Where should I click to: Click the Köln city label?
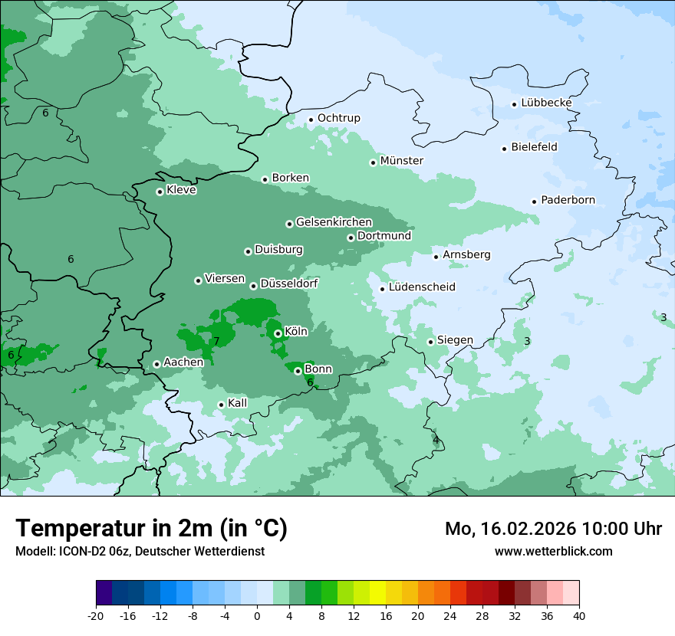[x=295, y=332]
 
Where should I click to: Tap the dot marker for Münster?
[x=374, y=162]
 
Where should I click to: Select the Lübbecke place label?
[x=546, y=103]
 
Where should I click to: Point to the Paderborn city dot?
[x=534, y=202]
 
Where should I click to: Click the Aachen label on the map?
[x=183, y=362]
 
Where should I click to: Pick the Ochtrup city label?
[x=338, y=118]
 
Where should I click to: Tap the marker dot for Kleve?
[x=160, y=192]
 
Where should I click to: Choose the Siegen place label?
[x=455, y=340]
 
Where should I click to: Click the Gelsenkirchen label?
[x=334, y=222]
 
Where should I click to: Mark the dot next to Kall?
[x=221, y=405]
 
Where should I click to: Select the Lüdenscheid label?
[x=422, y=287]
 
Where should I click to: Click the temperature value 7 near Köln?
[x=216, y=341]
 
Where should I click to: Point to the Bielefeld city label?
[x=534, y=147]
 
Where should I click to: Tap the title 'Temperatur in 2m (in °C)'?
[x=151, y=528]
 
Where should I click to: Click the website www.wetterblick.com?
[x=553, y=551]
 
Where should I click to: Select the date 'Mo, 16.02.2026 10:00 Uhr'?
[x=553, y=529]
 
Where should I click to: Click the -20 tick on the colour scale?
[x=96, y=616]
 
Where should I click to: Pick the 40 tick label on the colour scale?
[x=579, y=616]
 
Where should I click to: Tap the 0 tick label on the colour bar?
[x=257, y=616]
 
